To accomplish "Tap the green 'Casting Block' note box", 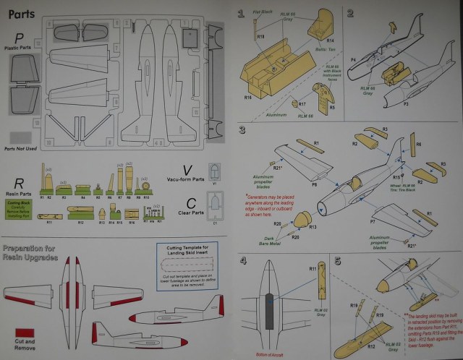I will pos(22,208).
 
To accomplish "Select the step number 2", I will pos(349,13).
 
